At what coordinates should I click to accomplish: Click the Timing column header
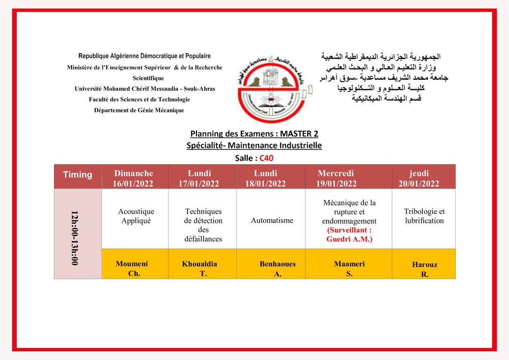click(78, 175)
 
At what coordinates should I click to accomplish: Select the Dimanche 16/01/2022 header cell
click(134, 178)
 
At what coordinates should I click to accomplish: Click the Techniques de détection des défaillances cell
click(203, 225)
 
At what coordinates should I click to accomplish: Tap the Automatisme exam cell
click(272, 220)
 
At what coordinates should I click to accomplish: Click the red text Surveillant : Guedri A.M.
click(349, 235)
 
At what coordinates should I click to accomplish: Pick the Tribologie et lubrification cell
click(424, 216)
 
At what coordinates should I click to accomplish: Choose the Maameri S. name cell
click(349, 268)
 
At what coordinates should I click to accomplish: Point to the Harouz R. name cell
click(425, 269)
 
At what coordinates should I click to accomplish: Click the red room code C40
click(267, 158)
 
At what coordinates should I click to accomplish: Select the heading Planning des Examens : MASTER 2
click(254, 134)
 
